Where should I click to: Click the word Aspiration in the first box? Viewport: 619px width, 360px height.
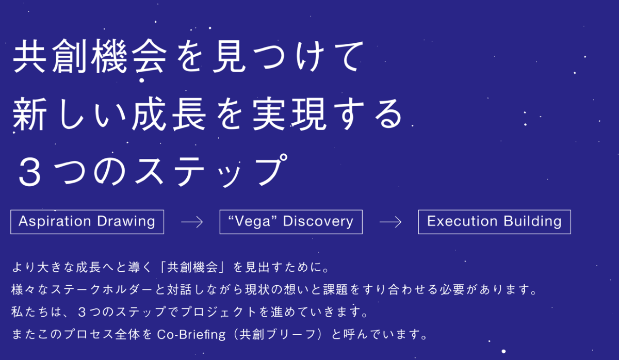55,222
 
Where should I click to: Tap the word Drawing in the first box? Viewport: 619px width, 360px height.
126,222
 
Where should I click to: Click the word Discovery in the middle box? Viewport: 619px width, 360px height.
318,222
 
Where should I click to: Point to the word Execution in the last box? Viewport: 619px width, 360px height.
462,221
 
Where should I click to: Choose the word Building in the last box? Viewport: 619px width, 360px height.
532,222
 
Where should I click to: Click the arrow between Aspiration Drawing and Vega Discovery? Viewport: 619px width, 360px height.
192,222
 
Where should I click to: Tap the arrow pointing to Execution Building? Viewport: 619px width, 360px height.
390,222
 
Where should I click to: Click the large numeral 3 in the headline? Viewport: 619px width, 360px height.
29,172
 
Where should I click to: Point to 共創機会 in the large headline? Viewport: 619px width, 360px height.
90,56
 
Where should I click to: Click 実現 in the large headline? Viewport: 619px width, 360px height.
289,114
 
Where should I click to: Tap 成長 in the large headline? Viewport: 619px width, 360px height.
169,114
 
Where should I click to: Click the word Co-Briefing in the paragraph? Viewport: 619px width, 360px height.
191,335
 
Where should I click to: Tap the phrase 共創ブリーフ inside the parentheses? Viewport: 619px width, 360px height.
278,334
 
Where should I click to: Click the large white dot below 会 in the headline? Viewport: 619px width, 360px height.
142,80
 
